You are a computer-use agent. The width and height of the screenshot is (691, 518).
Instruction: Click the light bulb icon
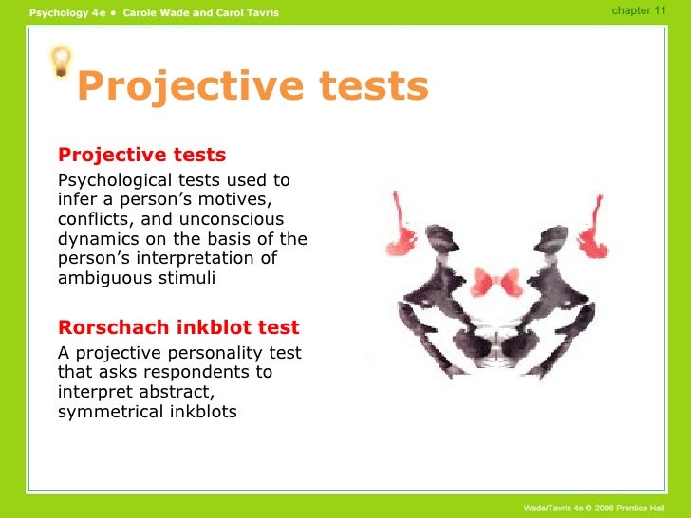61,62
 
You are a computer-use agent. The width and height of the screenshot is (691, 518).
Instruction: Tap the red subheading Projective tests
142,155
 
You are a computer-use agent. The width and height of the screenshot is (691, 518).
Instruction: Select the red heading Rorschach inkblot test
178,328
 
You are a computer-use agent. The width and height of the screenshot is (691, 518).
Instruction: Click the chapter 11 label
639,9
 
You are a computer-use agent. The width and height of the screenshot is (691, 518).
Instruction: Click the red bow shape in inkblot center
495,281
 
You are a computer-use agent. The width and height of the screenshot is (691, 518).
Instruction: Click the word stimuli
185,278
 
